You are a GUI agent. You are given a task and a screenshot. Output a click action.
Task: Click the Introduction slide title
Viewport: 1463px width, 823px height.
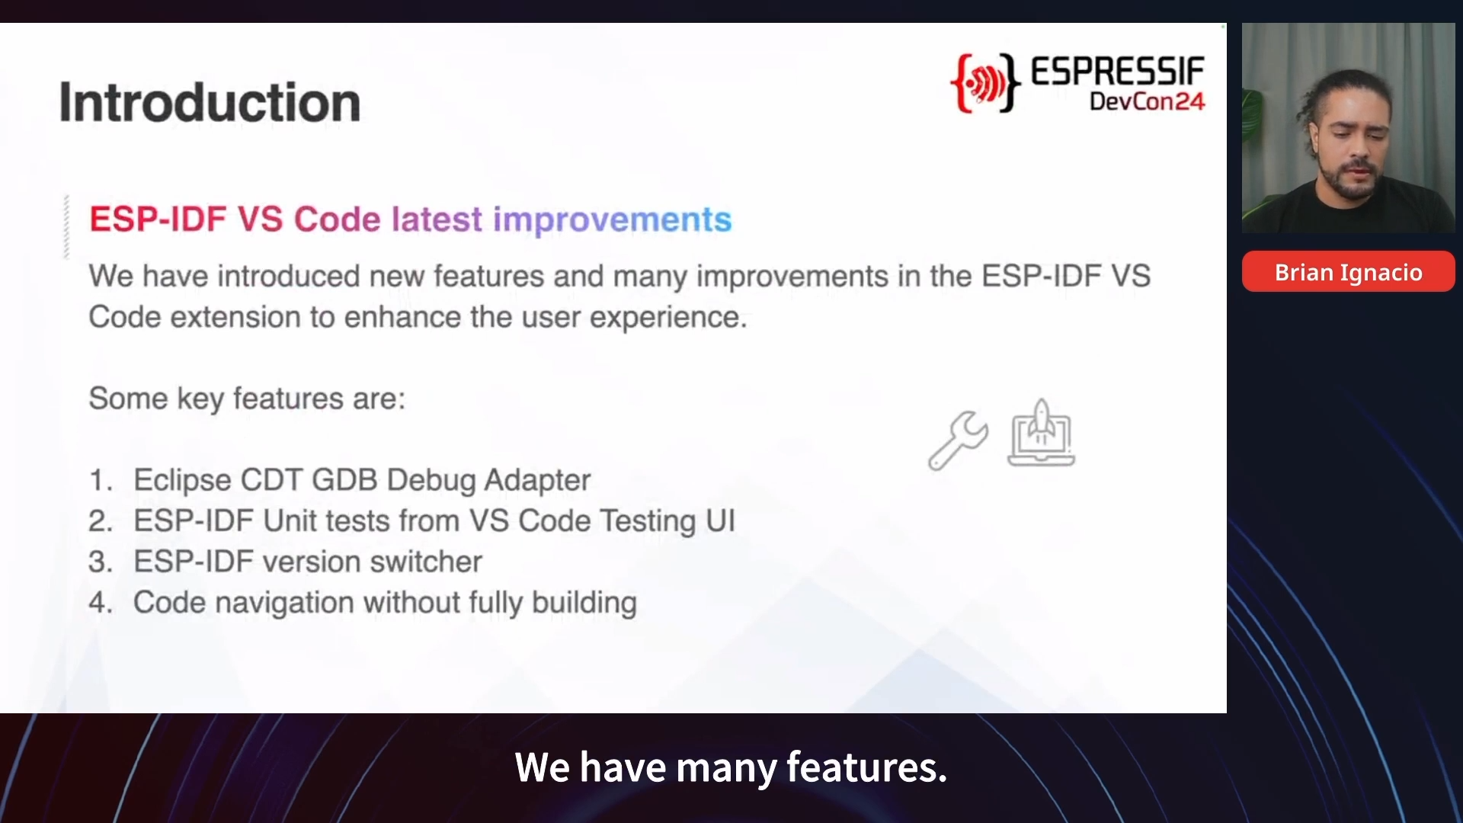point(210,102)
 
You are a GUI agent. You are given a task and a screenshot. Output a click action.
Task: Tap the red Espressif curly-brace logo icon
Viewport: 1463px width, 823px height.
point(984,83)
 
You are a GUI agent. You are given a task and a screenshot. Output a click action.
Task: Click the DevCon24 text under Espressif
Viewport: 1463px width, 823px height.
point(1147,101)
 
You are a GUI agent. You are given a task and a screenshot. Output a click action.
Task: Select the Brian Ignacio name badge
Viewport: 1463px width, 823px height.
point(1348,272)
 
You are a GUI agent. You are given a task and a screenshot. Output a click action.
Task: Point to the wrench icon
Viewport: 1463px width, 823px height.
point(958,440)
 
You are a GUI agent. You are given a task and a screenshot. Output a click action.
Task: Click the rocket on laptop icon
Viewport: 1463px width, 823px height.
point(1041,433)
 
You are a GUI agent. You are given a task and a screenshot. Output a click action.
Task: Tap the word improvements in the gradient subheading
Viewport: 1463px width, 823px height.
point(612,220)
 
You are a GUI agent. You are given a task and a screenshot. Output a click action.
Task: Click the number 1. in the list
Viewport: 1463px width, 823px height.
point(101,480)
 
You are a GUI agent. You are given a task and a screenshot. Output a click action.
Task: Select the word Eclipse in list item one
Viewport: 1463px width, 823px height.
point(182,481)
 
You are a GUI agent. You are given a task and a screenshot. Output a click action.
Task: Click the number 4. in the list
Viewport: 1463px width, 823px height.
point(101,603)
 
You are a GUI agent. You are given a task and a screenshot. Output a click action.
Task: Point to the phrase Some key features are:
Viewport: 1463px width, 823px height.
point(247,399)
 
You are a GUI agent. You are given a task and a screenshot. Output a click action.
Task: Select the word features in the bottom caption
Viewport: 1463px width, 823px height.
point(866,767)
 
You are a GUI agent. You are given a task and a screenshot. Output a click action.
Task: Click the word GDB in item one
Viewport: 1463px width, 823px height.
point(344,480)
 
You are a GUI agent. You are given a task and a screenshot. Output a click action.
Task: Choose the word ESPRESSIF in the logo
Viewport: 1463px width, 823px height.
point(1118,72)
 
